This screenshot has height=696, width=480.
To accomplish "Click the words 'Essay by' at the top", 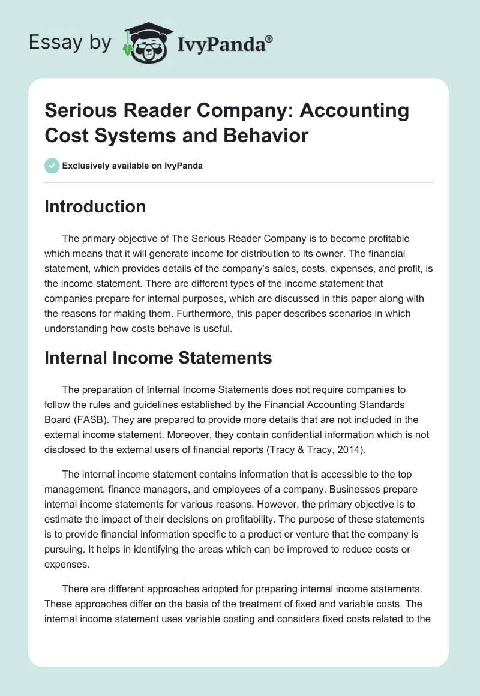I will tap(70, 43).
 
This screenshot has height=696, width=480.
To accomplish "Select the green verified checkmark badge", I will tap(52, 166).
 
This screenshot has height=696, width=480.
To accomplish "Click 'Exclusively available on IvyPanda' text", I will tap(132, 166).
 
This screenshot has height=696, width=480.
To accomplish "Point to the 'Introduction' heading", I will tap(95, 206).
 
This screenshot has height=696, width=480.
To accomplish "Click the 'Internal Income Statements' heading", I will tap(158, 358).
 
